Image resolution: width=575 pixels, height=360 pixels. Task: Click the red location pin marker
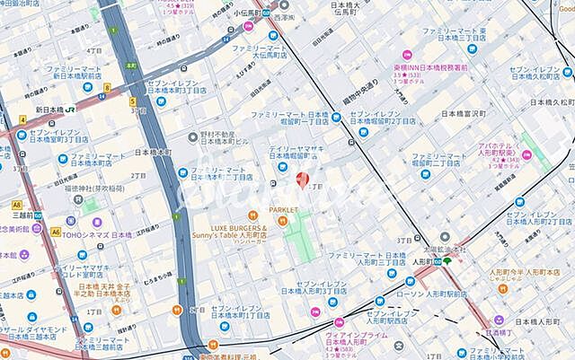point(303,180)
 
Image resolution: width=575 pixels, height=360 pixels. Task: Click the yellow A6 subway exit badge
point(55,231)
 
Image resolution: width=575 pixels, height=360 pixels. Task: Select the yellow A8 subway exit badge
point(18,204)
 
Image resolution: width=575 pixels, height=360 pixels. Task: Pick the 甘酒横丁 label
point(526,330)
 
